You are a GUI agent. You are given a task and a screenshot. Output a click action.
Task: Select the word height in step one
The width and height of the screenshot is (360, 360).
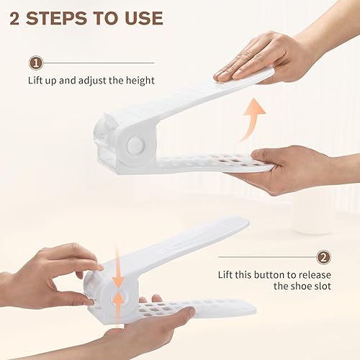pos(140,81)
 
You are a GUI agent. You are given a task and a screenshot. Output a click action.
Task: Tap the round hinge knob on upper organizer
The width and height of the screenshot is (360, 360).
pos(134,144)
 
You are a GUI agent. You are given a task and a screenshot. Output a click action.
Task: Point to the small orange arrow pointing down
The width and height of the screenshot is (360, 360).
pos(117,278)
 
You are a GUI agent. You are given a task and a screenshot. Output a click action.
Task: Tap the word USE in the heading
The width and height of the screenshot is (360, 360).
pos(141,17)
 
